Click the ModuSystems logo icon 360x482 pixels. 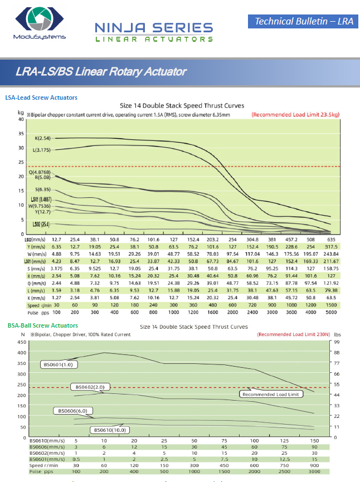pos(38,20)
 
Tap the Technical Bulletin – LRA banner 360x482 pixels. pos(303,22)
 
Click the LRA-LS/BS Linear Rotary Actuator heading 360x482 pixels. pos(101,72)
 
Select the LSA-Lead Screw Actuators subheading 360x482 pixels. pos(41,98)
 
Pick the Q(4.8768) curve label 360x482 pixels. pos(40,173)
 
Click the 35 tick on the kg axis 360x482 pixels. pos(21,134)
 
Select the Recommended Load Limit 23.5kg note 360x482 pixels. pos(295,114)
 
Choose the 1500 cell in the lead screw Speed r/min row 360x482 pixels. pos(331,306)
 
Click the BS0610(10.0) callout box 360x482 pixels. pos(110,430)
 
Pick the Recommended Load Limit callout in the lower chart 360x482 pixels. pos(271,394)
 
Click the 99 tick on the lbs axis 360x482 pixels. pos(337,342)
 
